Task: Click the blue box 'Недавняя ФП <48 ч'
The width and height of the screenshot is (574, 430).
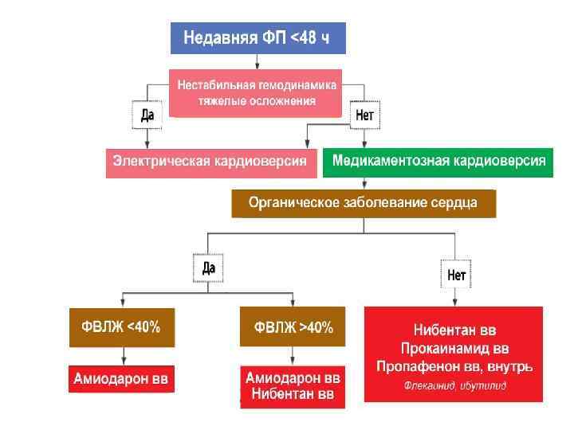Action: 258,37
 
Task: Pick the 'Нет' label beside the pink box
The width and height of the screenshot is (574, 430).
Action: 364,115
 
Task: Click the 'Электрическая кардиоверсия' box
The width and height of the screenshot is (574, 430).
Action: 210,162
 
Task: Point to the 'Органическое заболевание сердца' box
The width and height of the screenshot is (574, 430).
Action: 363,202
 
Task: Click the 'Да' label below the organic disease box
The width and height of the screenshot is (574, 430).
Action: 209,268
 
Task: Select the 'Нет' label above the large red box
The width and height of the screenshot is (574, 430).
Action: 457,276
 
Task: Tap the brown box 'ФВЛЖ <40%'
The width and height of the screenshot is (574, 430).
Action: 120,326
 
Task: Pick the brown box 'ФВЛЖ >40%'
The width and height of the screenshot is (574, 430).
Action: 293,326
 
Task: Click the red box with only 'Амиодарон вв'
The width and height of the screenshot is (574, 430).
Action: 120,379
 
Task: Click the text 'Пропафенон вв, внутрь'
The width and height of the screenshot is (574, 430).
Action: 454,366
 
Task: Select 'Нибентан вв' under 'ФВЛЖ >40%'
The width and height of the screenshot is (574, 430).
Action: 293,394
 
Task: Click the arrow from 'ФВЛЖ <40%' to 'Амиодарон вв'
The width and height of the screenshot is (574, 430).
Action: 121,355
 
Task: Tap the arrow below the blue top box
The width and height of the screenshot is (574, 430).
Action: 257,61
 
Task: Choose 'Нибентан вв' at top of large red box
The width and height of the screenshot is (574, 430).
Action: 455,330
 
